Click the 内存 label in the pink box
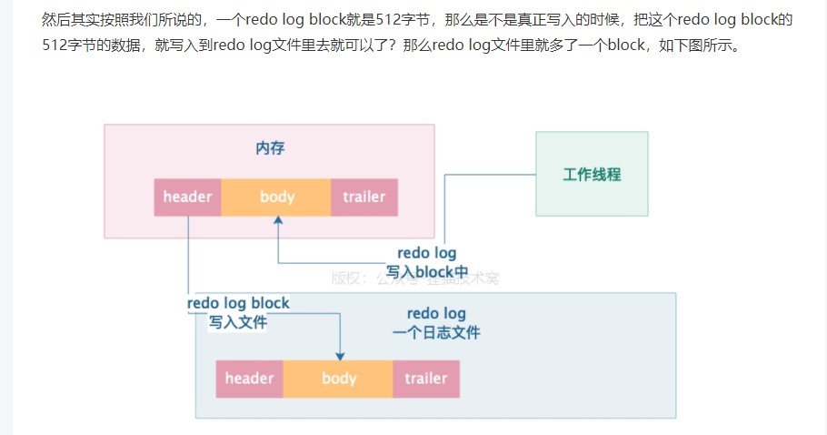coord(270,148)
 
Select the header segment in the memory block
coord(188,197)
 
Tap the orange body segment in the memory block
coord(277,197)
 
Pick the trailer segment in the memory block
coord(364,197)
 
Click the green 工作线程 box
coord(592,174)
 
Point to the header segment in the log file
coord(250,379)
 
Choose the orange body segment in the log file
coord(339,379)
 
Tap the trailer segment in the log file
coord(426,379)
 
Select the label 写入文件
coord(238,321)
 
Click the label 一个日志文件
coord(436,332)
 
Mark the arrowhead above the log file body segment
coord(340,355)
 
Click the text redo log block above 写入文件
coord(238,303)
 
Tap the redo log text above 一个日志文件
coord(436,314)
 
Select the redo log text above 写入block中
coord(426,253)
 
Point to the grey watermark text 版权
coord(345,278)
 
